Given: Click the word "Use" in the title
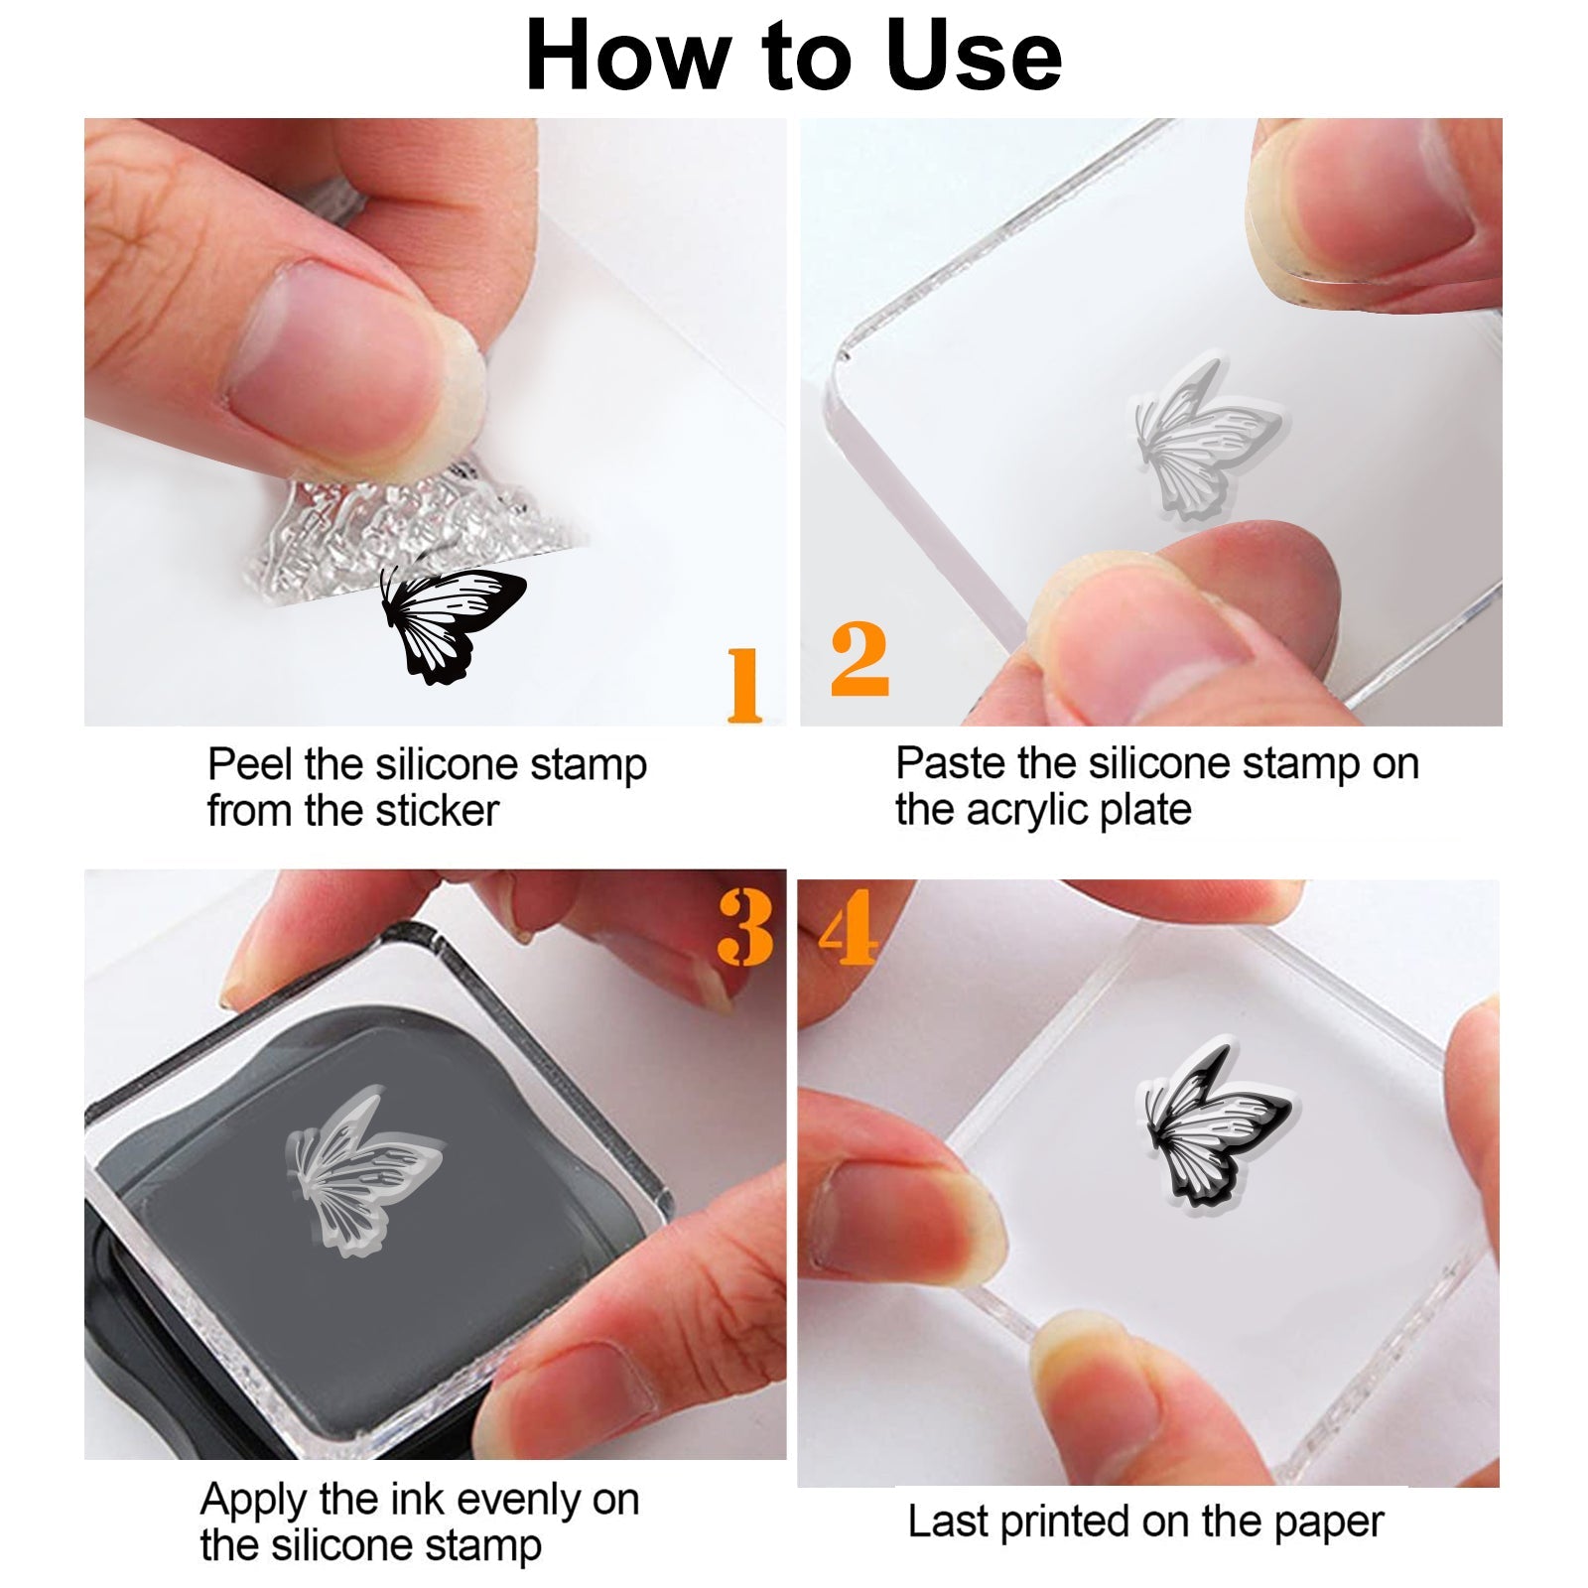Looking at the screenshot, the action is (974, 57).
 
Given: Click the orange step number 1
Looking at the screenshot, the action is (744, 684).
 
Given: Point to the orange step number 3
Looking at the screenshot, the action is (745, 926).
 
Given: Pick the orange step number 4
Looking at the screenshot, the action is (848, 926).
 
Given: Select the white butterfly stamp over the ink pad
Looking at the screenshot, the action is (363, 1171).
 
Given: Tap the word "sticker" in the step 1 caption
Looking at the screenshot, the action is (436, 811).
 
